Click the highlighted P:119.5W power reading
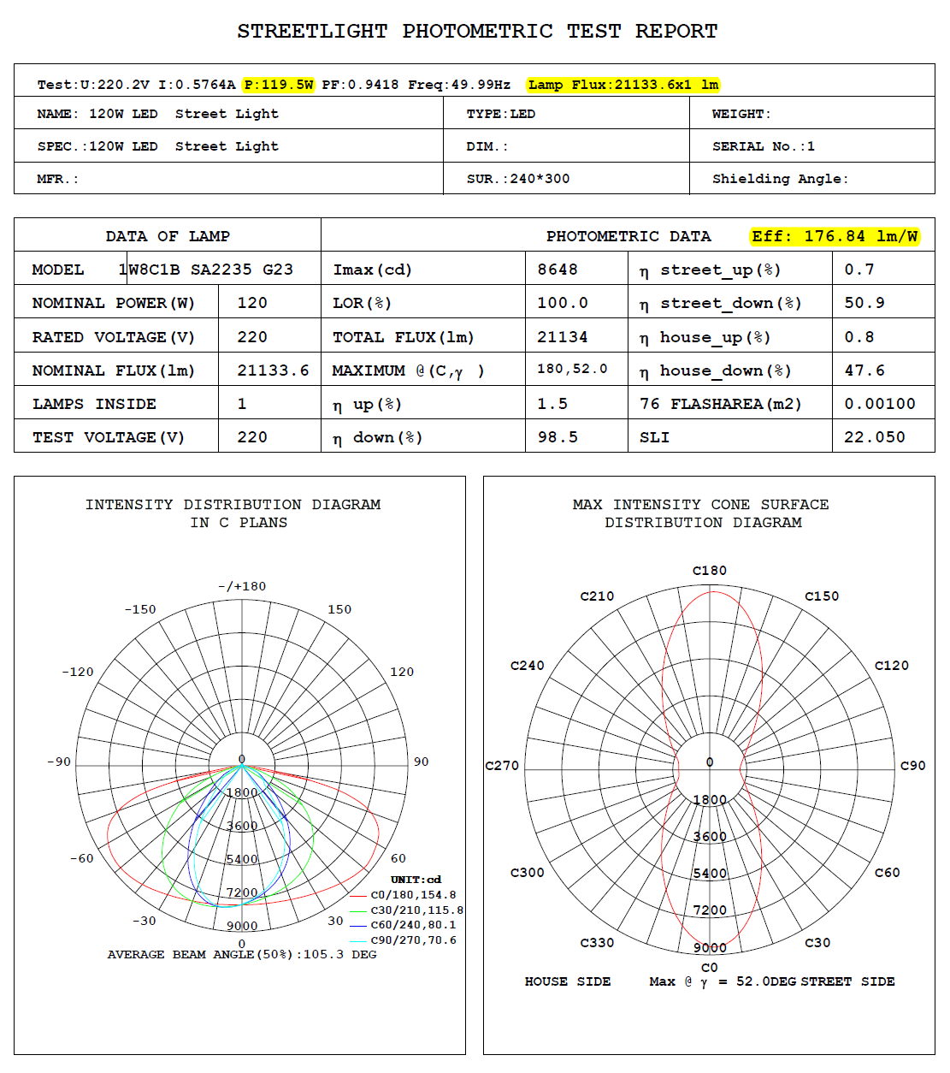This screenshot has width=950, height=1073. [279, 85]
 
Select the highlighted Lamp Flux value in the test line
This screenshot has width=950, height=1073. [623, 85]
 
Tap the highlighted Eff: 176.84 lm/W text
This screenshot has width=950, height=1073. [835, 236]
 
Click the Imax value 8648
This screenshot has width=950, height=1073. [558, 270]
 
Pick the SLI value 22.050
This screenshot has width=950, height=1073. [874, 437]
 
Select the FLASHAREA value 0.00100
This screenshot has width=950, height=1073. [879, 404]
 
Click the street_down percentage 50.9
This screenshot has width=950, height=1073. [864, 303]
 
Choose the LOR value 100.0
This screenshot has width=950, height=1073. [562, 303]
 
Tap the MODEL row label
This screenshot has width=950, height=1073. [58, 270]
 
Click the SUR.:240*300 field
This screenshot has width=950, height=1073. [517, 179]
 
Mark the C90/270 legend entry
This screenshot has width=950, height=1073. [413, 940]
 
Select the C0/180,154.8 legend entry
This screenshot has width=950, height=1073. [413, 895]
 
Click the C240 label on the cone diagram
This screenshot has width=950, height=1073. [527, 666]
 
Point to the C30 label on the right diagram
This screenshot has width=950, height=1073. [817, 943]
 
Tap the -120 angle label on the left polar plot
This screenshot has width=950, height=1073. [78, 673]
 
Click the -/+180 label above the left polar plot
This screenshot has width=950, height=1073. [242, 587]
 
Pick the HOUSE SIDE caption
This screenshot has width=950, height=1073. [568, 981]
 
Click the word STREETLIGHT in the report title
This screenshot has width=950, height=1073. [312, 32]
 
